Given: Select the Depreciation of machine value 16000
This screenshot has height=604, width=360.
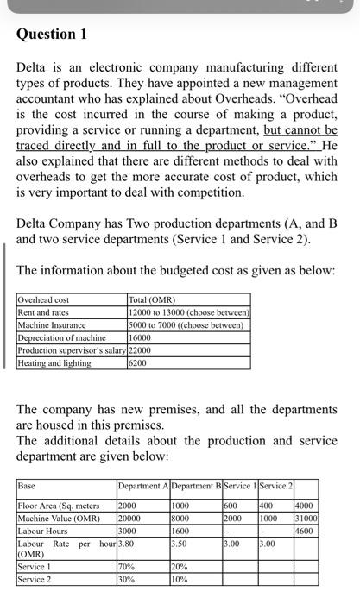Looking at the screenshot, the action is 142,337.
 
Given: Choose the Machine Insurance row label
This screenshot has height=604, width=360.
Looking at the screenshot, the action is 51,324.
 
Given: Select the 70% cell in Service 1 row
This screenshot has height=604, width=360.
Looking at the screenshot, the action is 126,567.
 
